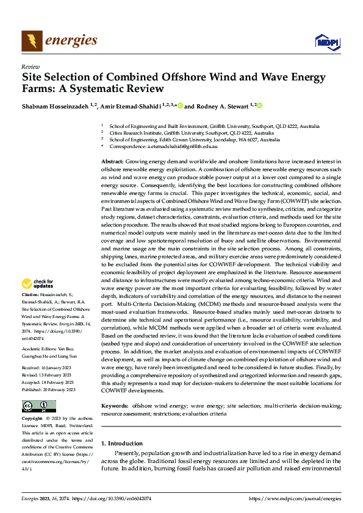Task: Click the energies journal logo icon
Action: (30, 41)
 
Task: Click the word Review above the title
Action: (30, 66)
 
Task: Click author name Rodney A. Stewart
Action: (216, 106)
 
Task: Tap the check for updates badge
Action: (37, 284)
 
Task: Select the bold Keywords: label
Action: (115, 389)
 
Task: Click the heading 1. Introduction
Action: (122, 444)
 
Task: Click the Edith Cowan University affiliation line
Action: (210, 140)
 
